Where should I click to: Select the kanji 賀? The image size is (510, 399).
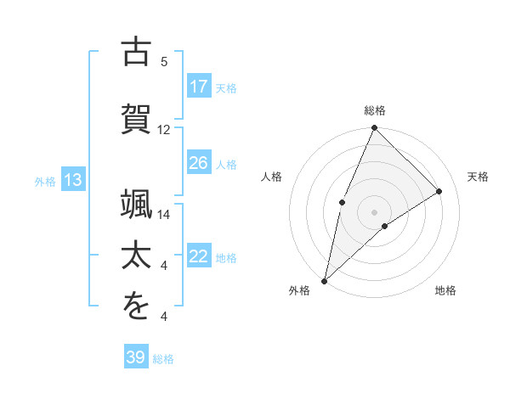[x=137, y=116]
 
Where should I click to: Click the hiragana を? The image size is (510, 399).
[x=137, y=306]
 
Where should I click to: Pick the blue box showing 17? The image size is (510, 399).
[x=199, y=87]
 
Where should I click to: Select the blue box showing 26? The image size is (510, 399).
[x=199, y=163]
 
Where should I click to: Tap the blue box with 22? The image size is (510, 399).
[x=199, y=257]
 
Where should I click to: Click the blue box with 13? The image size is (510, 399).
[x=72, y=179]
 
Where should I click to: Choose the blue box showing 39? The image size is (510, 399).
[x=136, y=357]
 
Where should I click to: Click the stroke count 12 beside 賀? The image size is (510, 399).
[x=164, y=130]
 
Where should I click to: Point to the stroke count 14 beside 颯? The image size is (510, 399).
[x=164, y=215]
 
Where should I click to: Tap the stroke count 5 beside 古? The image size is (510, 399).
[x=164, y=62]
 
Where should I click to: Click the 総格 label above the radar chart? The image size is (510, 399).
[x=375, y=110]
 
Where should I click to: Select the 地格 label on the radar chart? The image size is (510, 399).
[x=445, y=290]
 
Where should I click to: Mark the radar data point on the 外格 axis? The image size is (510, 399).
[x=324, y=281]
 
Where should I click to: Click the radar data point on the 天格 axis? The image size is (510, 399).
[x=439, y=192]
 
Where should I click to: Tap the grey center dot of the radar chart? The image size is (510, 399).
[x=374, y=211]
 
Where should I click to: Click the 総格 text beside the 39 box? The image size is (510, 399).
[x=163, y=359]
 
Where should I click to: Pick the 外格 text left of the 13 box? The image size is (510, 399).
[x=45, y=181]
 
